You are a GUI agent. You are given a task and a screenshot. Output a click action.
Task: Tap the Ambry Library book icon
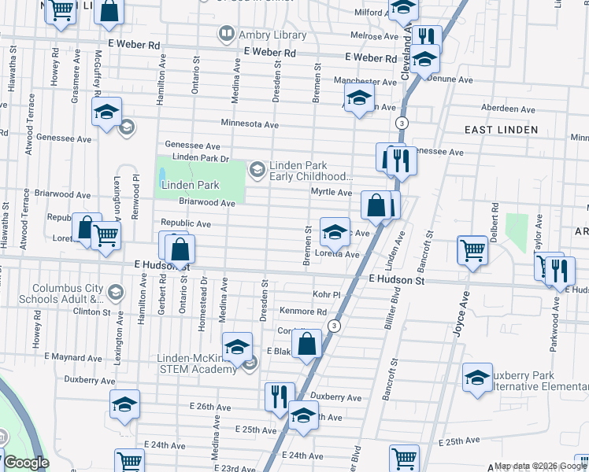click(227, 33)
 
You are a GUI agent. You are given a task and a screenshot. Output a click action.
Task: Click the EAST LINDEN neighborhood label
click(501, 130)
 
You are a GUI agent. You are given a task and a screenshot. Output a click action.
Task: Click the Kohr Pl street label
click(325, 294)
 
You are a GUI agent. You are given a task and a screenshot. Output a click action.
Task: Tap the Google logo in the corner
click(25, 463)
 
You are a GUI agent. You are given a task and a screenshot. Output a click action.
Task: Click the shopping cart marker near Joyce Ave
click(472, 250)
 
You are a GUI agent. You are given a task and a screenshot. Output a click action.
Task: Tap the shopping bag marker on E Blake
click(307, 344)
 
